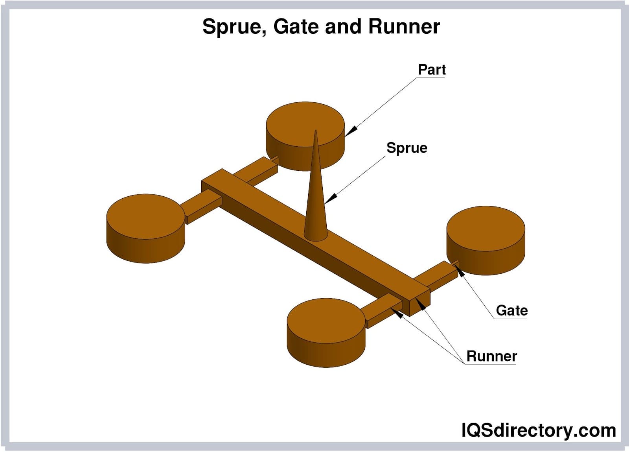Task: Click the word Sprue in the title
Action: (x=233, y=27)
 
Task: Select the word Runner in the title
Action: (x=404, y=27)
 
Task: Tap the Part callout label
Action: (x=431, y=70)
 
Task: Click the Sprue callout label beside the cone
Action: (x=406, y=148)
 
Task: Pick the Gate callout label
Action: (x=511, y=310)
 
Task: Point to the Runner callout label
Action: (x=491, y=356)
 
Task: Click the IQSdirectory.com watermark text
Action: (x=538, y=430)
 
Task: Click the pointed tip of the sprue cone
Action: (x=315, y=131)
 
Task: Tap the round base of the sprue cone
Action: (x=315, y=235)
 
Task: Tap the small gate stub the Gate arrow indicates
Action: (x=456, y=264)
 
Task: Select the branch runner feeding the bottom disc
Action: (x=383, y=311)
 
